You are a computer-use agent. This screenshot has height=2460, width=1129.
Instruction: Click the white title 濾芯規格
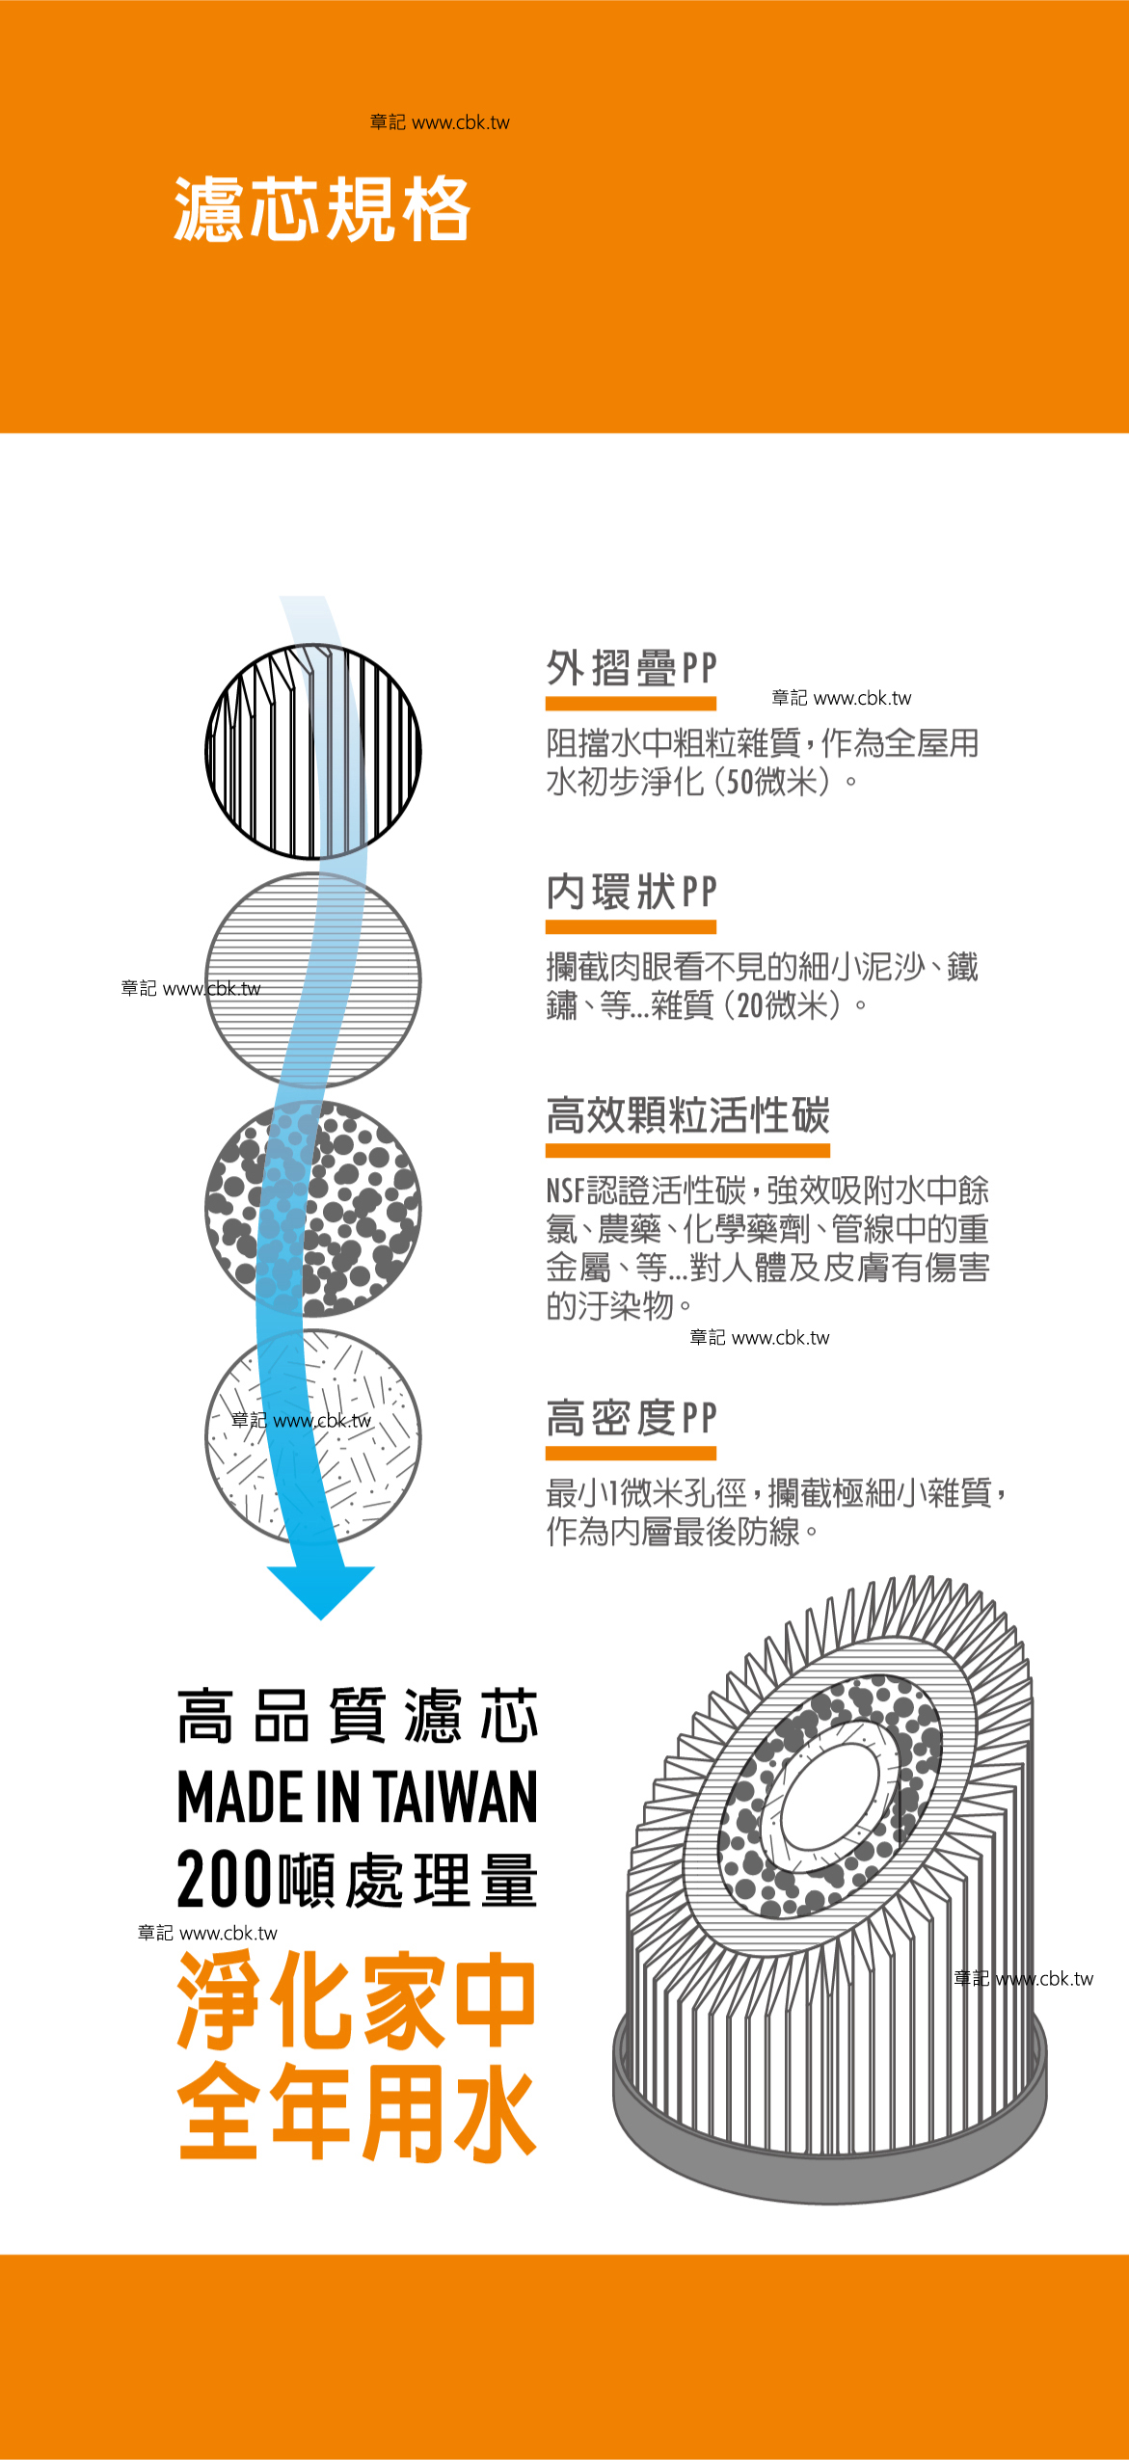pos(322,209)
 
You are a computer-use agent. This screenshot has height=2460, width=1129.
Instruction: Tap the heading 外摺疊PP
pos(632,668)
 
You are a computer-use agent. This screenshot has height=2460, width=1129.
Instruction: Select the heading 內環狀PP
pos(632,892)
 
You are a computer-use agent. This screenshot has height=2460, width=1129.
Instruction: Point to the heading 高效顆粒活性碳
pos(687,1116)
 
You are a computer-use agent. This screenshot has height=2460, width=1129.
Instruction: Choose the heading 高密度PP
pos(632,1418)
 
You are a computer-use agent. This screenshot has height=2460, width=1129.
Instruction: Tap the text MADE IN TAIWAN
pos(357,1798)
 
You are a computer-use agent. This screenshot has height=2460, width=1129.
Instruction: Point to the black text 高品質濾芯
pos(357,1717)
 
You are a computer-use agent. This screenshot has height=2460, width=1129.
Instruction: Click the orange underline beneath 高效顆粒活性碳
pos(687,1150)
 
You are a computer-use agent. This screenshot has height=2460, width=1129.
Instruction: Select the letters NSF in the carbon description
pos(566,1191)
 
